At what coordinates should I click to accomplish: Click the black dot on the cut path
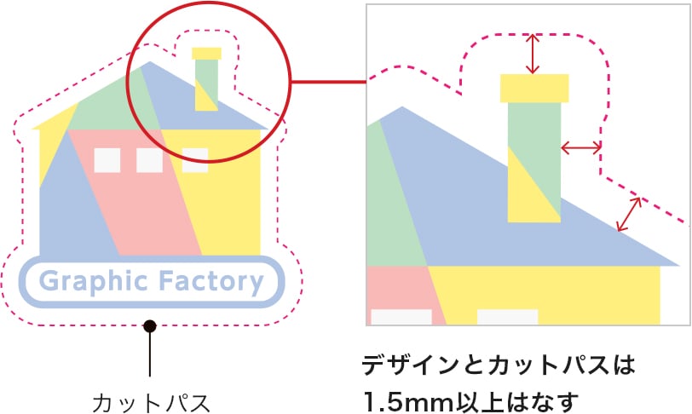[150, 325]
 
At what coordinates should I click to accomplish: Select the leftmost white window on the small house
[107, 160]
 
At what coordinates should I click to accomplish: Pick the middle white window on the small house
[149, 160]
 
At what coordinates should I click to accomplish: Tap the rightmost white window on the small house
[195, 158]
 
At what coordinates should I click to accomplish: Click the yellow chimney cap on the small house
[206, 53]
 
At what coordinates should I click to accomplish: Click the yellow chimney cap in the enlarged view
[534, 89]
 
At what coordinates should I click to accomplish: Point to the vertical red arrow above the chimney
[533, 54]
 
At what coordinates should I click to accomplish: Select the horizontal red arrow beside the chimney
[581, 148]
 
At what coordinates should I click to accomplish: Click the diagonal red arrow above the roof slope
[630, 213]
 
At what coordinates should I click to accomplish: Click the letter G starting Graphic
[49, 281]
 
